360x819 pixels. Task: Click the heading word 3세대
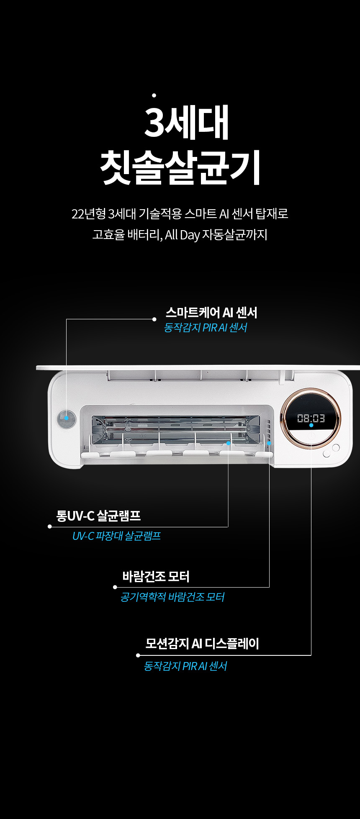click(187, 122)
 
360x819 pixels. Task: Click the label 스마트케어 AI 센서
click(211, 313)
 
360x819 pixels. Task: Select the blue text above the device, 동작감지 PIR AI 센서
click(205, 327)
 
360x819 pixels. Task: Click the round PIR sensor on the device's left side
click(66, 418)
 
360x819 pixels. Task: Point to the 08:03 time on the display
click(311, 418)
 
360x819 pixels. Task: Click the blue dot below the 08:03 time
click(311, 425)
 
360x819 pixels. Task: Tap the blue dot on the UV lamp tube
click(229, 443)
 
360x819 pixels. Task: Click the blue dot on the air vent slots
click(269, 443)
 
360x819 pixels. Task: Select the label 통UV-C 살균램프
click(98, 516)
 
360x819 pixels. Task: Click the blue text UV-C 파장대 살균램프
click(116, 536)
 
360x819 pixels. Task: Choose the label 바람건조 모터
click(156, 577)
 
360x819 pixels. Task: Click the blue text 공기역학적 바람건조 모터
click(172, 597)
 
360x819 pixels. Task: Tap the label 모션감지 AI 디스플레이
click(202, 643)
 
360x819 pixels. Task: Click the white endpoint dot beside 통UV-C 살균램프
click(50, 526)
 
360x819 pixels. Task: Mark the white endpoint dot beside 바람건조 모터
click(115, 587)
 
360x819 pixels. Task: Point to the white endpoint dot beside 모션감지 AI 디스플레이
click(138, 655)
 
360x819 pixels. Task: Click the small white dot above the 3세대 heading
click(154, 95)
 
